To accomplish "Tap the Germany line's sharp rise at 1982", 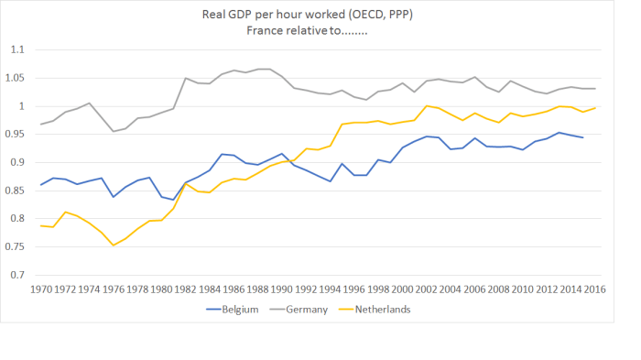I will click(x=186, y=78).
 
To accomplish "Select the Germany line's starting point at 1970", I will click(x=41, y=125).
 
